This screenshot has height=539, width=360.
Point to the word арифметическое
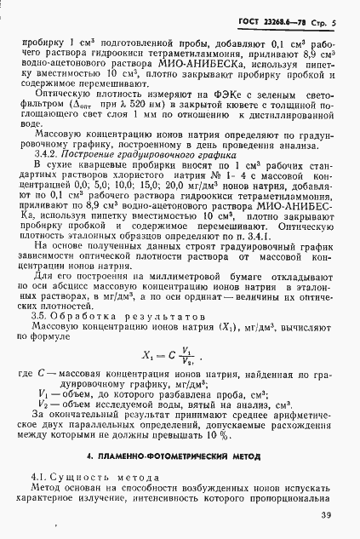(288, 411)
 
